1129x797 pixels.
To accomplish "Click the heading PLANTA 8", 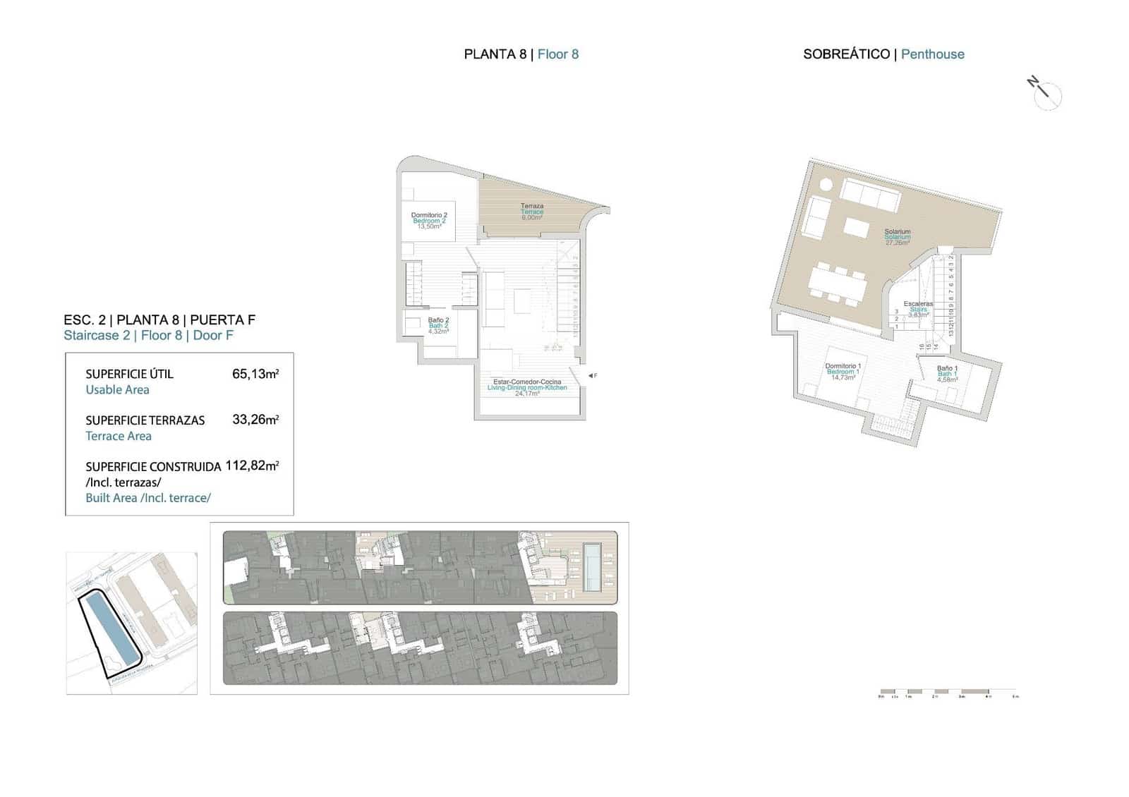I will click(495, 54).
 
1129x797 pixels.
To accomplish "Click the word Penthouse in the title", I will click(932, 54).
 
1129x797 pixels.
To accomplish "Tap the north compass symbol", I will click(1046, 94).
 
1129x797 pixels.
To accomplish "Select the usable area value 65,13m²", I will click(255, 374).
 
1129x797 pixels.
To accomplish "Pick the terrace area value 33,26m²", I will click(255, 420).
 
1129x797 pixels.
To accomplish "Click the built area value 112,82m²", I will click(252, 466).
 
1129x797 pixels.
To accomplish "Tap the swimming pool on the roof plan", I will click(591, 568).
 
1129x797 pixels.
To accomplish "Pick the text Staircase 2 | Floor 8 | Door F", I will click(148, 336).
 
